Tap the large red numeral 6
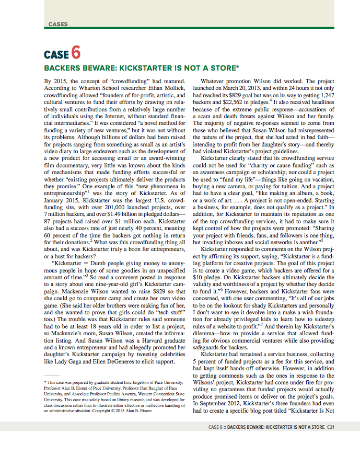click(x=76, y=53)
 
